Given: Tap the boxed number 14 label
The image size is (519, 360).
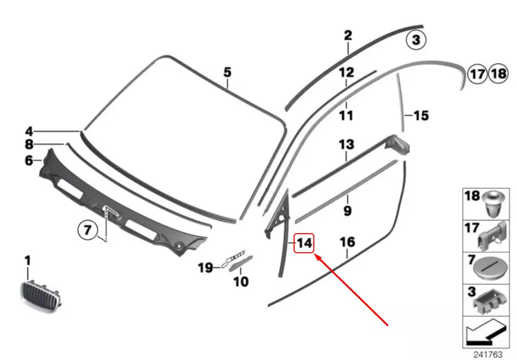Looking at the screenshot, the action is [x=304, y=243].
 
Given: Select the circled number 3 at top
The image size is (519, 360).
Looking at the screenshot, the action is [x=416, y=41].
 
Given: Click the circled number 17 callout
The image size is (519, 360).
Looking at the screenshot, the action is [x=476, y=74].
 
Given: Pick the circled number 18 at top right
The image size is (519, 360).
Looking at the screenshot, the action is [x=498, y=74].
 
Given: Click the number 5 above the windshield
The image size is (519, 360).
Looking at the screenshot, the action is [x=227, y=73].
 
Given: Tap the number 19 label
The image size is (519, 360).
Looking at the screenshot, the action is [x=205, y=268].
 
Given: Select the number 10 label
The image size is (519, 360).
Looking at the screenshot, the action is [x=240, y=281].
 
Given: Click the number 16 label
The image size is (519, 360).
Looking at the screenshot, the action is [x=347, y=242].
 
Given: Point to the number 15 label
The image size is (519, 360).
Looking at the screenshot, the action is [x=421, y=115].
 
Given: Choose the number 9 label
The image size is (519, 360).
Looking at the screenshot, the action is [x=347, y=210].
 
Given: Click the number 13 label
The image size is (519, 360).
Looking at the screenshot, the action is [x=347, y=144].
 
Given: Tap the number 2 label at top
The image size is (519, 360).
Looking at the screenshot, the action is [x=348, y=35].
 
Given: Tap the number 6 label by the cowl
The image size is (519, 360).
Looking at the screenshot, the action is [x=29, y=160].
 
